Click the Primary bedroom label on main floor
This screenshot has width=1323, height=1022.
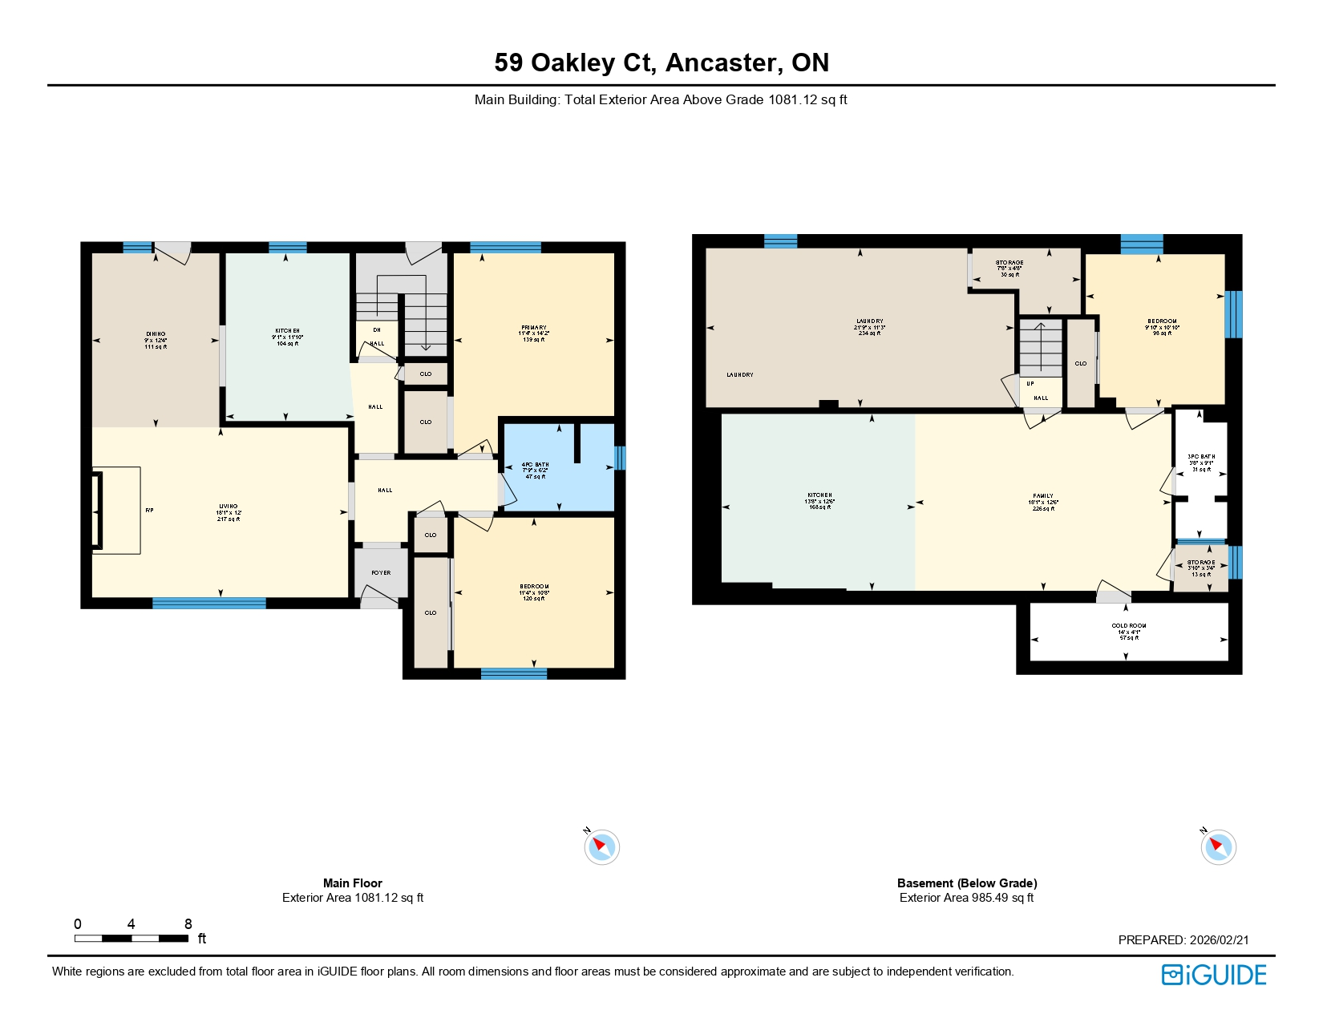click(533, 328)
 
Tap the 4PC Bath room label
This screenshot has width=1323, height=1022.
click(535, 465)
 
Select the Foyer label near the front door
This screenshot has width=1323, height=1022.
click(381, 572)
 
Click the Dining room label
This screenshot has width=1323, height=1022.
click(156, 334)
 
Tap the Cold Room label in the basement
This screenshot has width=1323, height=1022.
click(1128, 626)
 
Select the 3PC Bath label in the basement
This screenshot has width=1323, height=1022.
click(1201, 457)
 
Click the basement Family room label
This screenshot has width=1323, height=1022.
click(1043, 496)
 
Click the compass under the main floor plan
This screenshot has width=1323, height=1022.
click(601, 847)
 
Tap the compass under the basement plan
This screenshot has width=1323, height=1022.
click(1218, 847)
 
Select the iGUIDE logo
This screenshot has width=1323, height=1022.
click(1214, 975)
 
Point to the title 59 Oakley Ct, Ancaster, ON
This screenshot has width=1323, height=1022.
click(661, 63)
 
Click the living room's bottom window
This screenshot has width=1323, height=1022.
click(208, 603)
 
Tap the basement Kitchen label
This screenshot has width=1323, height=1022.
click(819, 495)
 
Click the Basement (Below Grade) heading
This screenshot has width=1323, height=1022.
click(967, 883)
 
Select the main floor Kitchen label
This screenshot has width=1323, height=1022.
click(287, 331)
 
